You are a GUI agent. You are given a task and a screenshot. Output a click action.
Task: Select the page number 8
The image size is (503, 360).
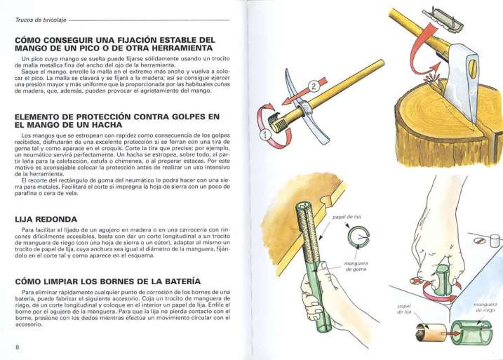point(15,347)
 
